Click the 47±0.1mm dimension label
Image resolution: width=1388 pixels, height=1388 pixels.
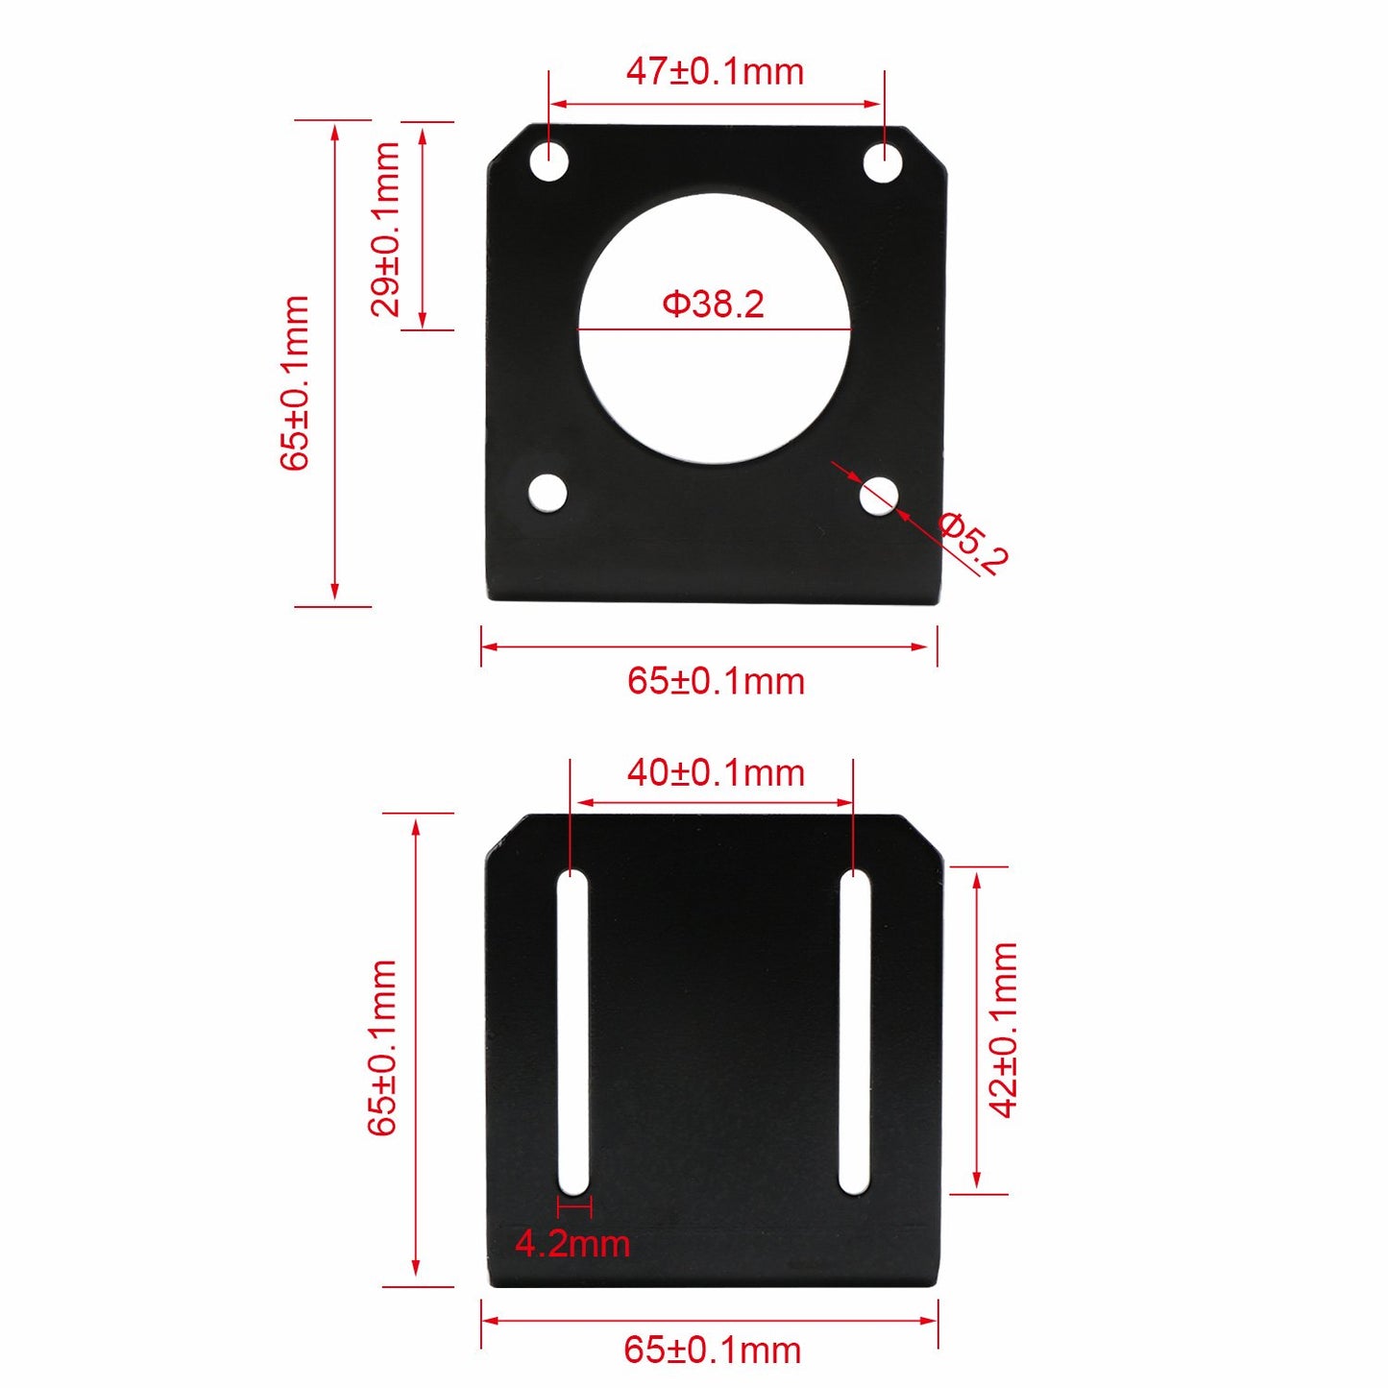pos(715,72)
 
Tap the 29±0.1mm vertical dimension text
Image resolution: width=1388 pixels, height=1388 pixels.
pos(385,229)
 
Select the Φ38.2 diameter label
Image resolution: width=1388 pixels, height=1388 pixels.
pos(713,304)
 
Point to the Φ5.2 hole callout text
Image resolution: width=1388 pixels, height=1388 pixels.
pos(973,544)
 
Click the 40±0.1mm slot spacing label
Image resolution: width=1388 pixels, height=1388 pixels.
pos(716,772)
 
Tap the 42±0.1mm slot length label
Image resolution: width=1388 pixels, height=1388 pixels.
pos(1003,1030)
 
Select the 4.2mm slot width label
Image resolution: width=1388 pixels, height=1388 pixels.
pos(572,1244)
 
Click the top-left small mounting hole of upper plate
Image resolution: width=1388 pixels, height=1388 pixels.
pos(549,162)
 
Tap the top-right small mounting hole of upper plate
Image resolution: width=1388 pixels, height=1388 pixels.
pos(882,162)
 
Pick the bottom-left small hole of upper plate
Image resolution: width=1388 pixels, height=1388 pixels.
pos(548,494)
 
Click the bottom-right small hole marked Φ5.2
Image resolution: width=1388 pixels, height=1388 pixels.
pos(878,496)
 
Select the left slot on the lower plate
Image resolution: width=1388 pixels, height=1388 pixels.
pos(573,1033)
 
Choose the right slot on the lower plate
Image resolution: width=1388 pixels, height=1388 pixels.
pos(854,1033)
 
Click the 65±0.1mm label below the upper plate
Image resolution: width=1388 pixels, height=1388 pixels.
pos(716,681)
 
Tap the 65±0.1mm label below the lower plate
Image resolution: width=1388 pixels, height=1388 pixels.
pos(713,1350)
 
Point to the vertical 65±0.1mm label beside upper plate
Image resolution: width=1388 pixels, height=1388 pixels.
pos(295,382)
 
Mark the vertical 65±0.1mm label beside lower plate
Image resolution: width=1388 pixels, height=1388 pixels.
pos(382,1047)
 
